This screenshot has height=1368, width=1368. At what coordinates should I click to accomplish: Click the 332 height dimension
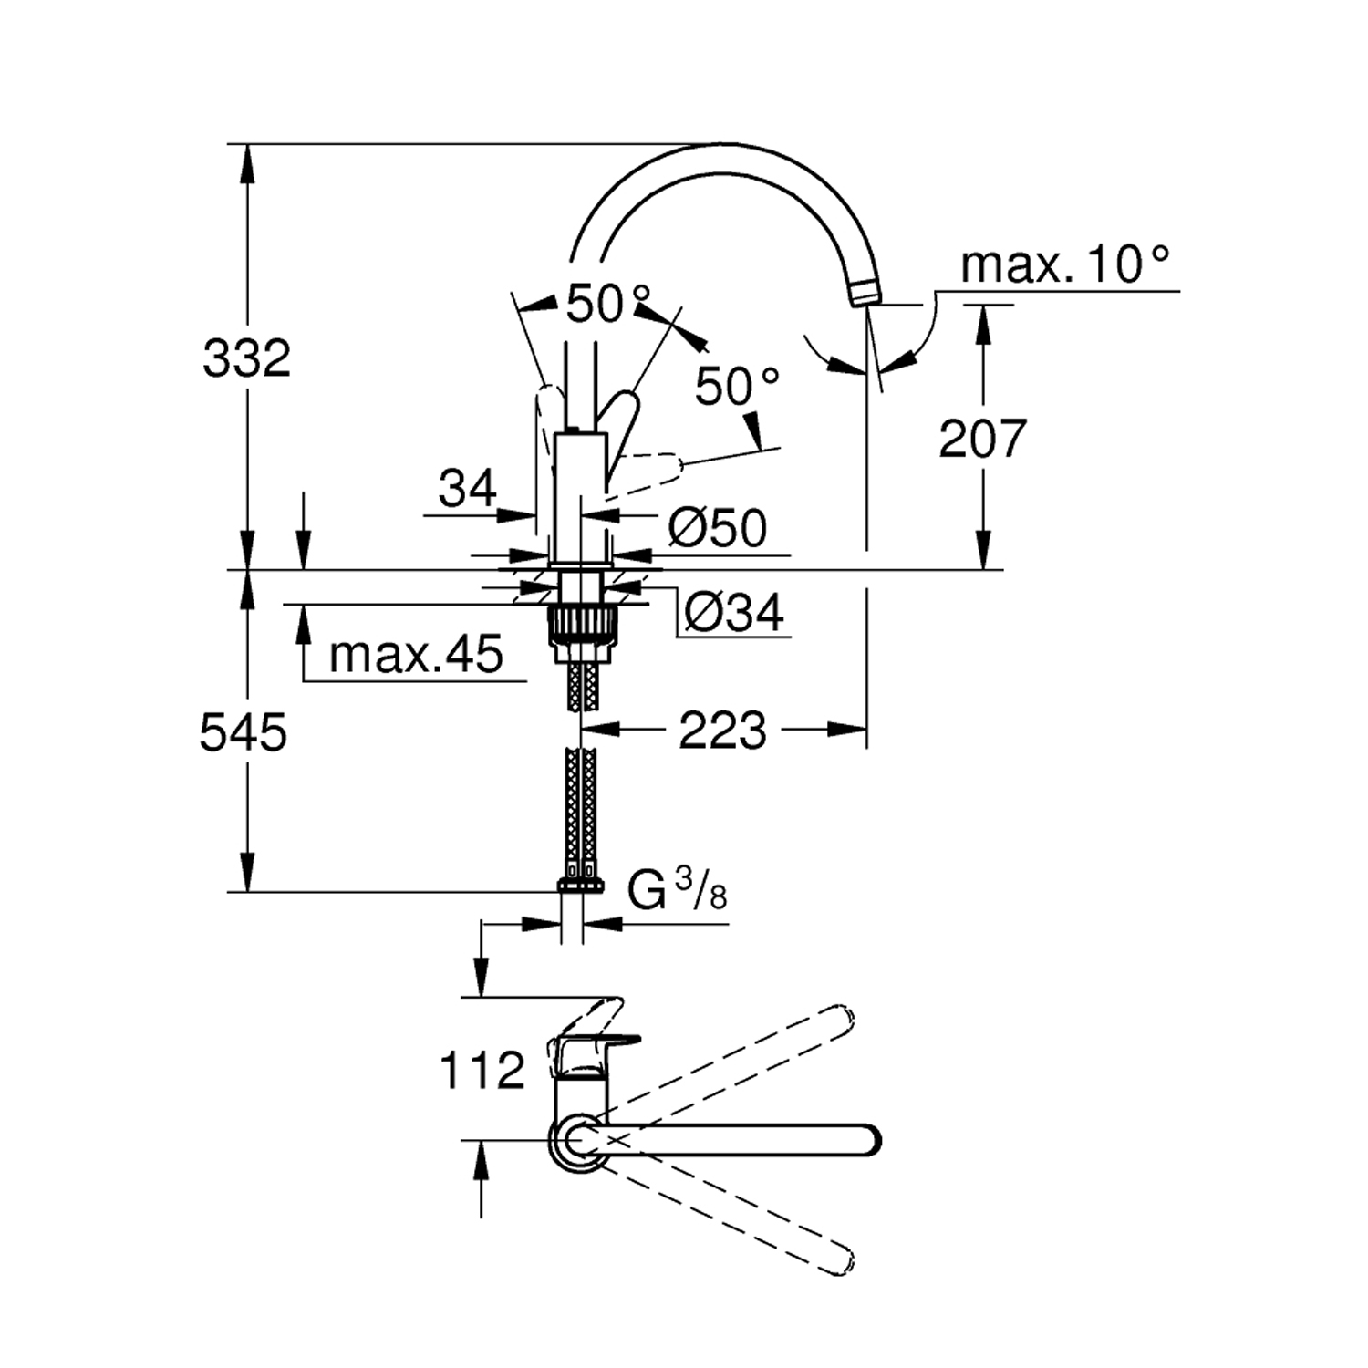click(246, 358)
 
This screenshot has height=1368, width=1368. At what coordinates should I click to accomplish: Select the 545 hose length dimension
click(244, 732)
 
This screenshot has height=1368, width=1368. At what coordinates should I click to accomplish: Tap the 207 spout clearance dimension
click(982, 439)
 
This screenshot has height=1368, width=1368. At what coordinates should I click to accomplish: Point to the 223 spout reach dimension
click(722, 731)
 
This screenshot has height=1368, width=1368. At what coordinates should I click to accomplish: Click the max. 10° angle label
click(1064, 265)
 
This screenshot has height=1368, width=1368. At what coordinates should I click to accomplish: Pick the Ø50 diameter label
click(717, 527)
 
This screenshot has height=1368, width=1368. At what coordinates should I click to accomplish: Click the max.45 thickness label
click(416, 654)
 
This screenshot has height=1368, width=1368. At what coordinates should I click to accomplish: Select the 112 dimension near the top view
click(482, 1070)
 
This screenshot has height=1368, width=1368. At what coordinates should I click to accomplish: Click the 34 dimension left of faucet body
click(467, 489)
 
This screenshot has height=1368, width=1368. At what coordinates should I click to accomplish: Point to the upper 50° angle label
click(608, 304)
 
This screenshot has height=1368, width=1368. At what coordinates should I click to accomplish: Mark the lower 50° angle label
click(737, 387)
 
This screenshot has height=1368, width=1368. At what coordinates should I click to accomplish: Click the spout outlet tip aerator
click(864, 294)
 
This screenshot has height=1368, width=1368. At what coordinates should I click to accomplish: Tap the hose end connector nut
click(580, 886)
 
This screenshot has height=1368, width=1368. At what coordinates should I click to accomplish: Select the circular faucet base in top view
click(575, 1141)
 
